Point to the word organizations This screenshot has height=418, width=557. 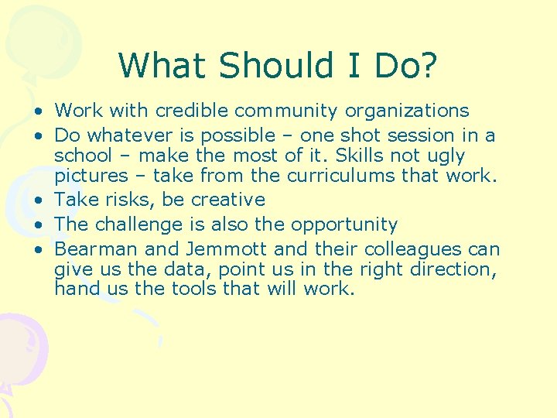tap(406, 111)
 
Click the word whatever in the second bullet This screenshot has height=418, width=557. tap(132, 135)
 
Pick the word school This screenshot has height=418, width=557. tap(80, 156)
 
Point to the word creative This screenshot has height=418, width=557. tap(227, 200)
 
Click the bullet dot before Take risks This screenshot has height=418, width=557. tap(39, 200)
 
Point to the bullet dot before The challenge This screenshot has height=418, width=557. tap(39, 225)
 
